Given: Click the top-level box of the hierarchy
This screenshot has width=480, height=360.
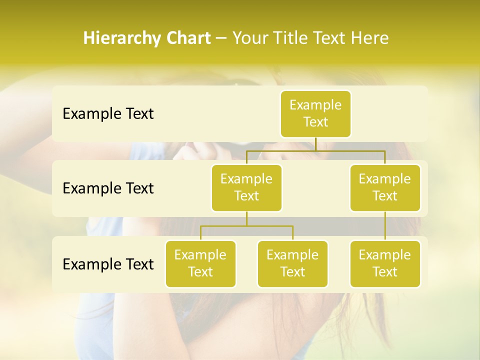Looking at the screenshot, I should click(x=315, y=113).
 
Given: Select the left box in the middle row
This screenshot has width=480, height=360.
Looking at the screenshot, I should click(x=246, y=187).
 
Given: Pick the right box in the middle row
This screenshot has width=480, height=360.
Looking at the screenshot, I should click(x=385, y=187).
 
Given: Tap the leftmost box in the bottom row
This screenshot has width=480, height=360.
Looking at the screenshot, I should click(x=200, y=263).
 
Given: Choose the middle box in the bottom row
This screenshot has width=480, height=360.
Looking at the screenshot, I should click(x=292, y=263).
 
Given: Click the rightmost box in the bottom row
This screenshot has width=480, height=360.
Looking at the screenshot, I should click(x=385, y=263).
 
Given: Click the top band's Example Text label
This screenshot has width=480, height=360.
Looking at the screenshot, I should click(x=108, y=114).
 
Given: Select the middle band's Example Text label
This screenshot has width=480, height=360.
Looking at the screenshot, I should click(x=108, y=188).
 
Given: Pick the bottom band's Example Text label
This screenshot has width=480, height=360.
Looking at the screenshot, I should click(x=108, y=264).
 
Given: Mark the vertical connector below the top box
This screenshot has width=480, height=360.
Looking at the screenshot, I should click(x=315, y=144).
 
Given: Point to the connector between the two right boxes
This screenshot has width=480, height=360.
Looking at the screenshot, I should click(x=385, y=226).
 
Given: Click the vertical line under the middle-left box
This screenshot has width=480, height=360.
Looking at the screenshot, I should click(x=246, y=218).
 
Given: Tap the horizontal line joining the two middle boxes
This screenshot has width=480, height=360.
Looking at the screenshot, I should click(x=315, y=150).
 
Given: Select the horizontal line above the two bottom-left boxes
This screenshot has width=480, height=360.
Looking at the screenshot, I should click(x=246, y=226).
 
